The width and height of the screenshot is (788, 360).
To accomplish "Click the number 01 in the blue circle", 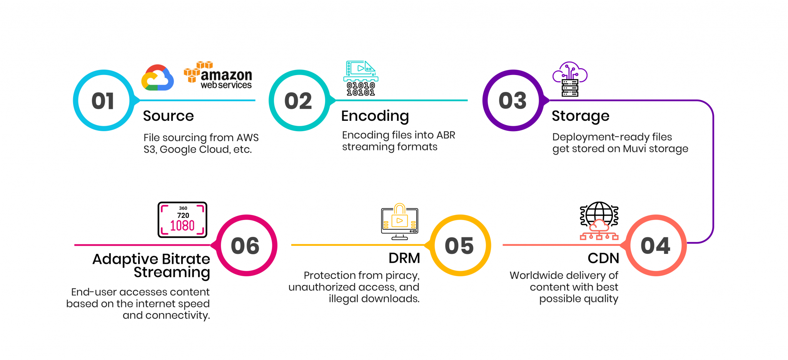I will click(x=103, y=101).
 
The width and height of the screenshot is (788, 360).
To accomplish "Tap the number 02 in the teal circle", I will click(x=298, y=101).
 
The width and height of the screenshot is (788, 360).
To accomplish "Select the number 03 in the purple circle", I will click(x=513, y=101).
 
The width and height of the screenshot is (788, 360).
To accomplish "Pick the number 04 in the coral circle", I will click(x=655, y=246).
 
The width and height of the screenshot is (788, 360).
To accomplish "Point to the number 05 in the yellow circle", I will click(x=459, y=246).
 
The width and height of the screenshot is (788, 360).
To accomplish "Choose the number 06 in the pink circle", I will click(x=245, y=246).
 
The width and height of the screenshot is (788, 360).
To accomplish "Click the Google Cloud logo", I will click(x=157, y=78).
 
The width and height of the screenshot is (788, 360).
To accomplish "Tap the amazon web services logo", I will click(x=218, y=75).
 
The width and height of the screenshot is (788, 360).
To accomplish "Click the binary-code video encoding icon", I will click(x=361, y=78).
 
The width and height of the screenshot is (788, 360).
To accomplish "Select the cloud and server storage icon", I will click(x=570, y=79).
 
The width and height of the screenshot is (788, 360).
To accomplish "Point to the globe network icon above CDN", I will click(x=599, y=220).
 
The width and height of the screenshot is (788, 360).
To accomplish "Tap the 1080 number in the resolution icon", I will click(x=182, y=225).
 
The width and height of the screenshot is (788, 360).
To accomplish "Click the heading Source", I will click(x=169, y=116).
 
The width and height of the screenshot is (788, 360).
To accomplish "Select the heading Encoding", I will click(x=375, y=116).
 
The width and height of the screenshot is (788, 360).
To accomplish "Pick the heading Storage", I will click(x=580, y=116).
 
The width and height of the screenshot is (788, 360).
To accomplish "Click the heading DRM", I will click(x=404, y=258).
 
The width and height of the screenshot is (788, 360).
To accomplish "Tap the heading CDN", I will click(x=603, y=258).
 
